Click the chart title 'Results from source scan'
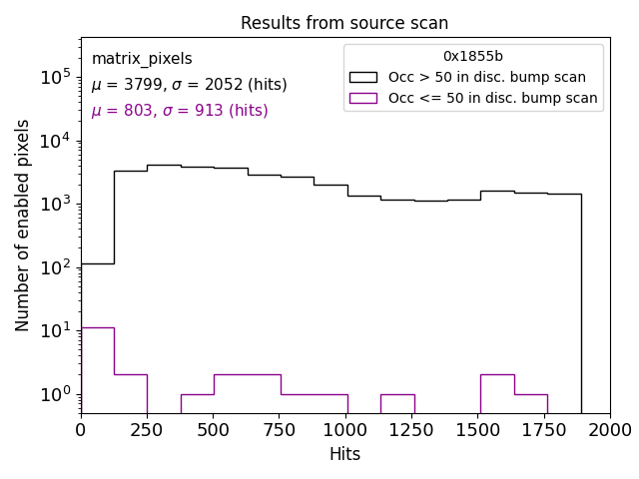coord(344,23)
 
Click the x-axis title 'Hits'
coord(344,454)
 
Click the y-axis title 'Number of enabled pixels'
coord(23,225)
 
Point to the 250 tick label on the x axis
coord(147,430)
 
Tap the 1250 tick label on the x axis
coord(411,430)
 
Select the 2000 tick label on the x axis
coord(610,430)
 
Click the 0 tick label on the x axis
coord(81,430)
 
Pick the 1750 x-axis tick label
coord(544,430)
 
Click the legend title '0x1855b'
coord(473,57)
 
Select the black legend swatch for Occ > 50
coord(362,77)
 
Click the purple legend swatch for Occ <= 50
coord(362,98)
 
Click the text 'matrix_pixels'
coord(142,59)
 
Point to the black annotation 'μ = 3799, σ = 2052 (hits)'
coord(189,85)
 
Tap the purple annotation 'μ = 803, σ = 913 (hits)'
coord(180,111)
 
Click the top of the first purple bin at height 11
coord(97,327)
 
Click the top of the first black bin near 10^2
coord(97,263)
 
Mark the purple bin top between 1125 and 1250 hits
coord(397,394)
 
